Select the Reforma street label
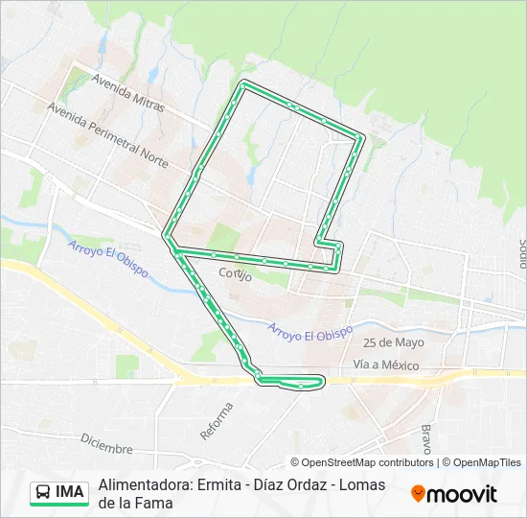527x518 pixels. coord(217,421)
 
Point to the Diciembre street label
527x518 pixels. coord(106,444)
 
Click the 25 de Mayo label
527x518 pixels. coord(393,342)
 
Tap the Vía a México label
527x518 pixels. coord(386,365)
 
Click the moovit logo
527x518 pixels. coord(454,494)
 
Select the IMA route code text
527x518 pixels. coord(71,493)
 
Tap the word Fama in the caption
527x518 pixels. coord(154,503)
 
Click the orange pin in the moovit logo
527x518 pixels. coord(418,494)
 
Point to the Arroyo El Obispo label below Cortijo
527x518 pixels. coord(309,329)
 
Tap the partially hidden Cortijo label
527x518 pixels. coord(235,274)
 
